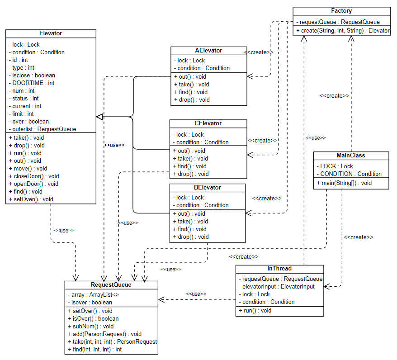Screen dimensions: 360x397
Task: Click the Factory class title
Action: point(341,11)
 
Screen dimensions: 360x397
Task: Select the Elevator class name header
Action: point(51,33)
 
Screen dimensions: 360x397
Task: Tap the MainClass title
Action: point(351,155)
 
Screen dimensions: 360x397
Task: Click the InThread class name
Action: point(279,269)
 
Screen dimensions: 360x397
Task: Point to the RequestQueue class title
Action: point(111,285)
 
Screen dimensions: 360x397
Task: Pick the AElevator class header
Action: point(208,51)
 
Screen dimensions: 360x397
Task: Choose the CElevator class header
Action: point(208,123)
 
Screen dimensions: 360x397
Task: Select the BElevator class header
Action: point(208,187)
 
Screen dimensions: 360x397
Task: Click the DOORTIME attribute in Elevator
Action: point(32,83)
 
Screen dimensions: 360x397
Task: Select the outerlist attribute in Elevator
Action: point(43,129)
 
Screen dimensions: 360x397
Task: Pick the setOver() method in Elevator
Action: point(29,199)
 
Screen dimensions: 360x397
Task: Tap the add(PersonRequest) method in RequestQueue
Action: point(104,334)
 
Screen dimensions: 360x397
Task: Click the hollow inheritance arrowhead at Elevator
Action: point(99,117)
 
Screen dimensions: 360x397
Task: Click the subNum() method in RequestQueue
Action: point(90,326)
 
